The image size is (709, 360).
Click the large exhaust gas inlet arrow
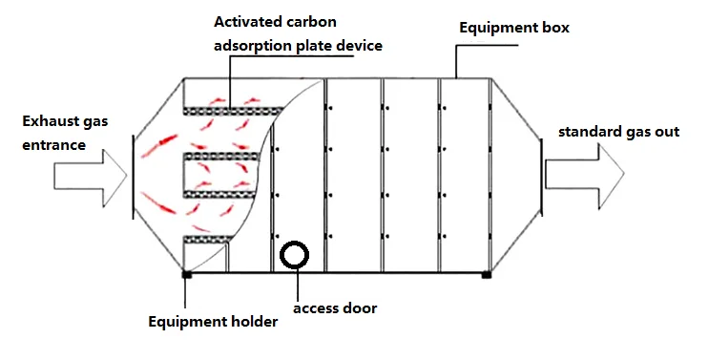coord(91,176)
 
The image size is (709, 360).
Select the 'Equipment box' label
coord(513,28)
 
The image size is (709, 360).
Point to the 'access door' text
coord(335,307)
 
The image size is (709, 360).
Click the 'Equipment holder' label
coord(213,322)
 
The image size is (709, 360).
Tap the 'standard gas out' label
coord(618,131)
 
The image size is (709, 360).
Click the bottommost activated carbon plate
coord(206,239)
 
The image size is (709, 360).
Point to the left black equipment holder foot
coord(186,275)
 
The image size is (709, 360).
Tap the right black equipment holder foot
coord(486,275)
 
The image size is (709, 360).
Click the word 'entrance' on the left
coord(51,145)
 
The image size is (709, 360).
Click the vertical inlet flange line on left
coord(131,176)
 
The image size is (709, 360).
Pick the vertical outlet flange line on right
coord(541,176)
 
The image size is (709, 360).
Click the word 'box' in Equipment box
coord(555,28)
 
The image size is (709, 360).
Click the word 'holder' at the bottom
coord(253,322)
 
